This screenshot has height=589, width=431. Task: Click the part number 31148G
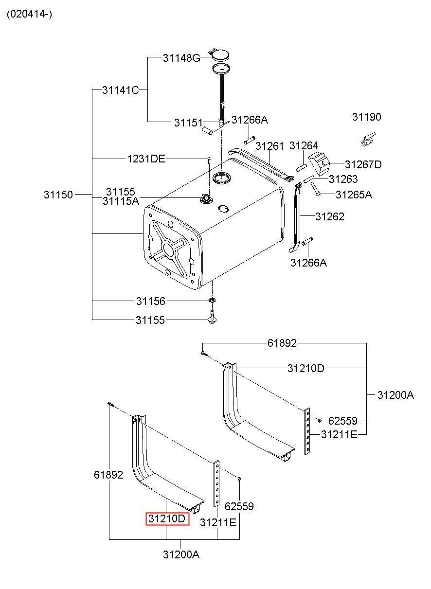coord(181,58)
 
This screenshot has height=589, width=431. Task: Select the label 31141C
coord(121,90)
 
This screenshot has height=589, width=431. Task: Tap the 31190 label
coord(367,117)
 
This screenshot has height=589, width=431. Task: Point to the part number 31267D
coord(363,165)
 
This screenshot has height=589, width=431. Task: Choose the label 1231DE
coord(146,159)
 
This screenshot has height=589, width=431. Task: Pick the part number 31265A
coord(354,195)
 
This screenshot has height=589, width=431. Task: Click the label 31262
coord(329,216)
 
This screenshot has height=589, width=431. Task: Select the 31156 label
coord(150,302)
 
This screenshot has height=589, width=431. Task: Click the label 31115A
coord(121,200)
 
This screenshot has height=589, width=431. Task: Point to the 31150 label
coord(58,195)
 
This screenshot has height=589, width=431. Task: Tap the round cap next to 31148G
coord(221,54)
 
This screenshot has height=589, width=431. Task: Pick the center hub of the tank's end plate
coord(169,250)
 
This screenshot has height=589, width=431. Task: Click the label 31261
coord(269,146)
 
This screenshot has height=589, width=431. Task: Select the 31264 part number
coord(304,146)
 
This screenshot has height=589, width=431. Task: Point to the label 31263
coord(343,179)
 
